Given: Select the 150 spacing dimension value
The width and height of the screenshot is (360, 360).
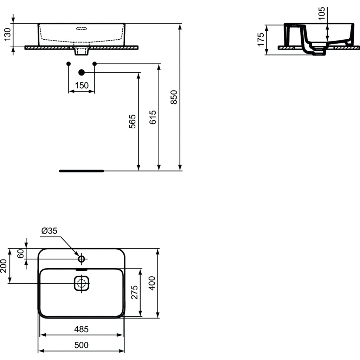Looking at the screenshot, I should point(81,85).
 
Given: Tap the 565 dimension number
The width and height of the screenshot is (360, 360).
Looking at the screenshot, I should point(132,121).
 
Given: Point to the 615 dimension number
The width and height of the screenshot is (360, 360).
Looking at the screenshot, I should point(153,117).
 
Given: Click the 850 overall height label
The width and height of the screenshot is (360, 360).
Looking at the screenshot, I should point(174,97).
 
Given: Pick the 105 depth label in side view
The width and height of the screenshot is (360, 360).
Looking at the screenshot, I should point(322,13).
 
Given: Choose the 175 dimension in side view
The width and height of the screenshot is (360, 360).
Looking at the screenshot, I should point(261,40).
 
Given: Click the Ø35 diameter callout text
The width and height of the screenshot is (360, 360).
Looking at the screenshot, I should point(49,231).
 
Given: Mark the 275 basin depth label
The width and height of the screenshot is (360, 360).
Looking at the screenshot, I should point(134,292).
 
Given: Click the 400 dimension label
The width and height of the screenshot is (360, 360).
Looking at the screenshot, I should point(152,283).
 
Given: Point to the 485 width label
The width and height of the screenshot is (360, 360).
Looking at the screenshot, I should point(81,329).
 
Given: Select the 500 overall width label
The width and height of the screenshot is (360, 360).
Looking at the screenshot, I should point(81,345).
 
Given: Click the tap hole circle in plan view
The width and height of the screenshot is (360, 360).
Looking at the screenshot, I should point(81,259).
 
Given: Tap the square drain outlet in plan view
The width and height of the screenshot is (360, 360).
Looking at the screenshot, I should point(81,283).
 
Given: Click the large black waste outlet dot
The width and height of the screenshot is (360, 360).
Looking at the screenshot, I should point(82,72).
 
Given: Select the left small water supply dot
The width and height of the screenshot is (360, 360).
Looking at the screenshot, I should point(69,64).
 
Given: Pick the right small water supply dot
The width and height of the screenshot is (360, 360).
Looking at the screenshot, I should point(95,64).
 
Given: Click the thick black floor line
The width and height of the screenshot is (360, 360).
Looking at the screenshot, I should point(82,171).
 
